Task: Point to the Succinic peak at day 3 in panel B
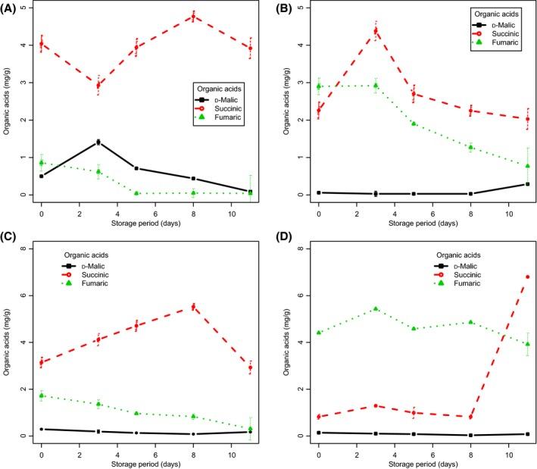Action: point(376,31)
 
